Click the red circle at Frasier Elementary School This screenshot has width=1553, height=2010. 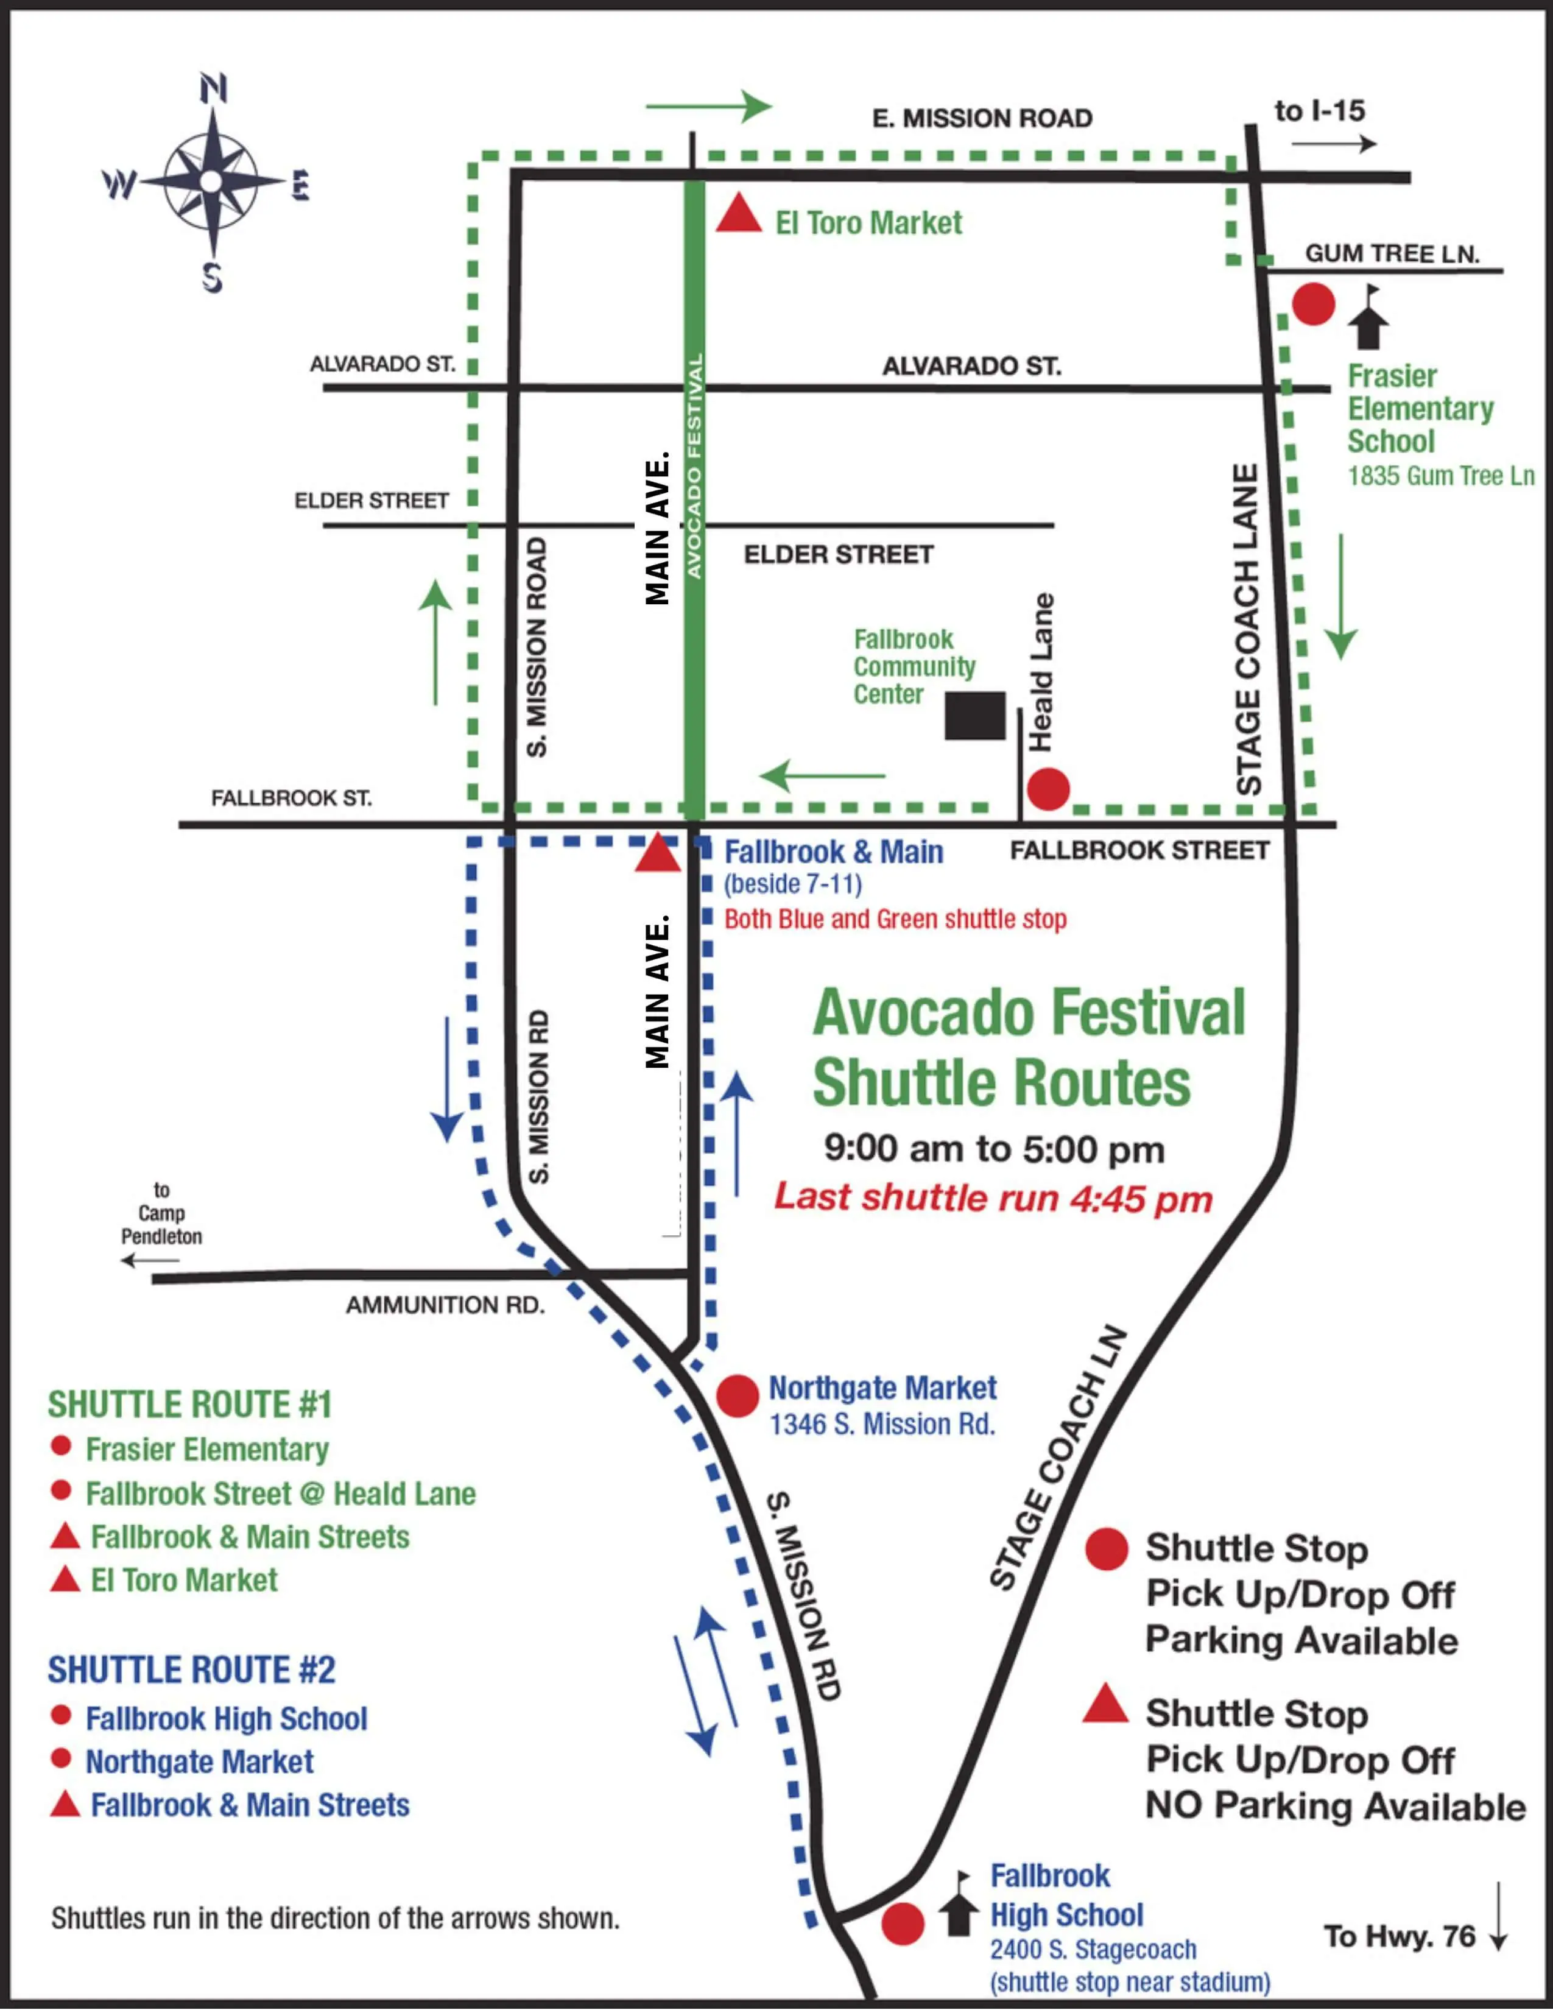1313,304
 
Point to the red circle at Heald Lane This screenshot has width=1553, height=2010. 1048,789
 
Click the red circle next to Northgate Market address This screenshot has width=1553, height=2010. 737,1396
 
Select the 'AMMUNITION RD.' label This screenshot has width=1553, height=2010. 445,1305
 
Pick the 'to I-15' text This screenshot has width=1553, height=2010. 1319,111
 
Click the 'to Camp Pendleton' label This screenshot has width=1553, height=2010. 162,1213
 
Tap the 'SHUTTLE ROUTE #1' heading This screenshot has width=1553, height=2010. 189,1405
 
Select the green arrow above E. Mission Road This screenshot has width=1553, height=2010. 708,107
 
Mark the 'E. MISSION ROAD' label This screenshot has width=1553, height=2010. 982,119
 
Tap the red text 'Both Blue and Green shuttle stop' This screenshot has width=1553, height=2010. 895,919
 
